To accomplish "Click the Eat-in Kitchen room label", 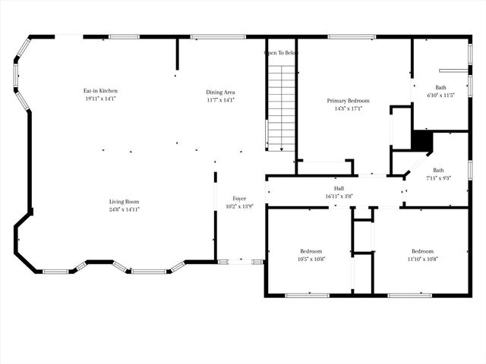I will (100, 91).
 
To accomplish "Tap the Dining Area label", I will (220, 92).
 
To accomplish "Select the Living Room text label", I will (123, 201).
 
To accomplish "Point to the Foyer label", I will (239, 199).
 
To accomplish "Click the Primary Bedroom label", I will (349, 100).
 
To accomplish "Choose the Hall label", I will (339, 188).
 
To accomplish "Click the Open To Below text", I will (281, 53).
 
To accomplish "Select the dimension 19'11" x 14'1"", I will (100, 99).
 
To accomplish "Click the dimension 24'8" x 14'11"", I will (123, 209).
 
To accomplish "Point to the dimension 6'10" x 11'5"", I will (440, 96).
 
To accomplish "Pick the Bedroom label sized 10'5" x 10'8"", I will (311, 251).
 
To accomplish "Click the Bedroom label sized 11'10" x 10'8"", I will (422, 251).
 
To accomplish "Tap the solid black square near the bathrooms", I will (421, 142).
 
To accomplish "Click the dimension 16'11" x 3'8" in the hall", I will (339, 196).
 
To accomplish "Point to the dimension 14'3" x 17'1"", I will (349, 108).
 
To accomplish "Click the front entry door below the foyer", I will (241, 262).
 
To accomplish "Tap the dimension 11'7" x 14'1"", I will (220, 99).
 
